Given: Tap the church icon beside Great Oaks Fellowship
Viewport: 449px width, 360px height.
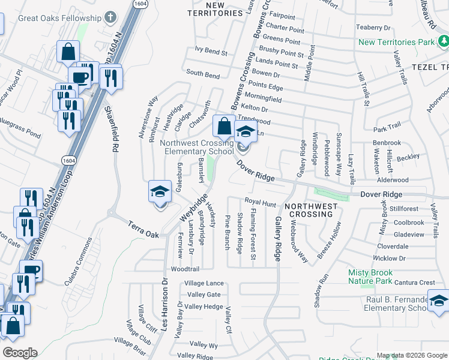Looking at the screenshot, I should [x=110, y=17].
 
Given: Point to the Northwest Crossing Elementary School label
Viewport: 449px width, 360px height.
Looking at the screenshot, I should [x=198, y=147].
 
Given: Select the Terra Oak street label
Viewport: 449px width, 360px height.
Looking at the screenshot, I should [x=143, y=229].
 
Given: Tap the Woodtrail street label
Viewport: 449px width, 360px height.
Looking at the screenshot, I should [x=185, y=269].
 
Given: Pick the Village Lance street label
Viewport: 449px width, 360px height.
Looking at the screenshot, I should [x=204, y=283].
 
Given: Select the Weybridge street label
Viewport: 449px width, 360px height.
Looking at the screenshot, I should [x=193, y=208].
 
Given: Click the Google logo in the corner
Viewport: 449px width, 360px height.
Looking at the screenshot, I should [x=19, y=353].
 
